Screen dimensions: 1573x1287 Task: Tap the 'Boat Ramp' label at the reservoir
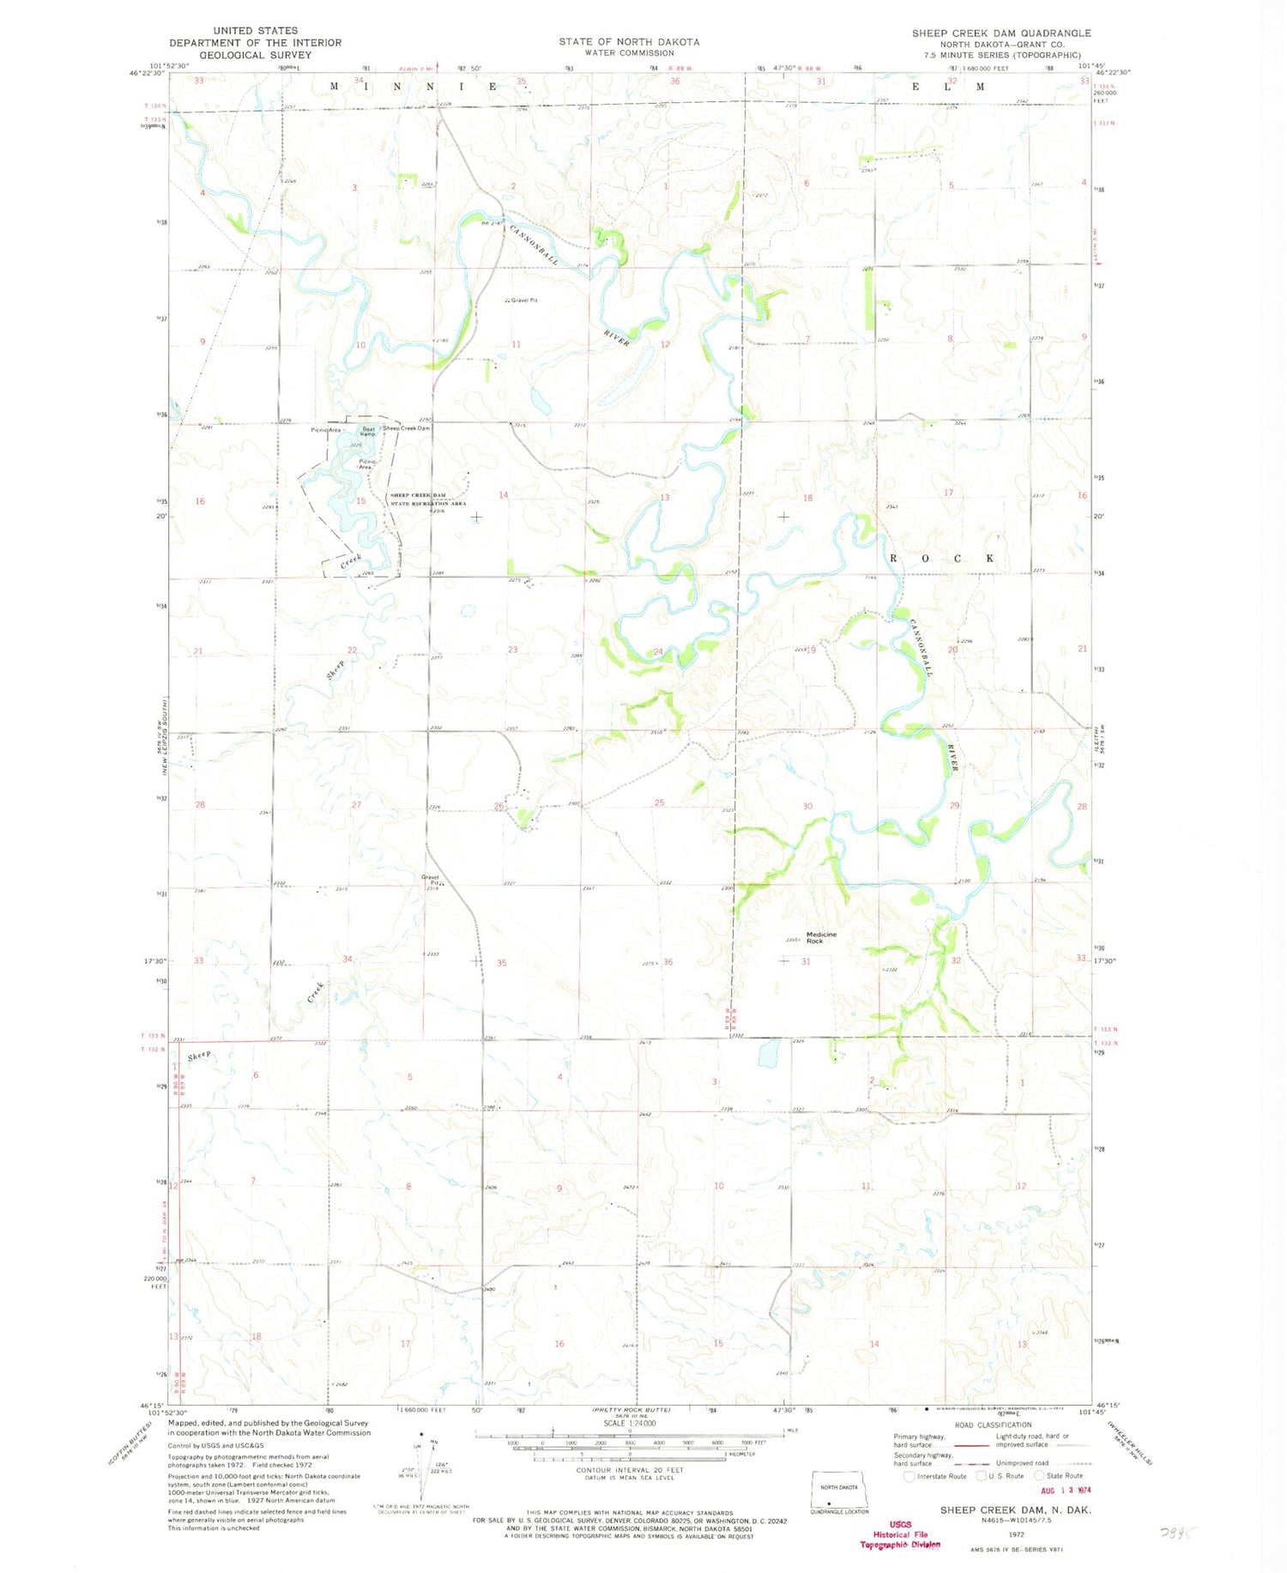click(367, 431)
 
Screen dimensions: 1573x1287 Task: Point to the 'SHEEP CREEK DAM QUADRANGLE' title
click(1001, 33)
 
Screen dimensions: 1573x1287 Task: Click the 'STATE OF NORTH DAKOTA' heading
click(629, 41)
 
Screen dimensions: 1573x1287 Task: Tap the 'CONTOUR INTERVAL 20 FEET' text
click(630, 1470)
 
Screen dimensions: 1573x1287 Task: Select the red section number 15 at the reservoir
click(361, 500)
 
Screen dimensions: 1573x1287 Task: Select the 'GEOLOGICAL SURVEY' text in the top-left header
click(255, 55)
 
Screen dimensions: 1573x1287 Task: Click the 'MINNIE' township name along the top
click(412, 87)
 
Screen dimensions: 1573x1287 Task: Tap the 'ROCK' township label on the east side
click(942, 559)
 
